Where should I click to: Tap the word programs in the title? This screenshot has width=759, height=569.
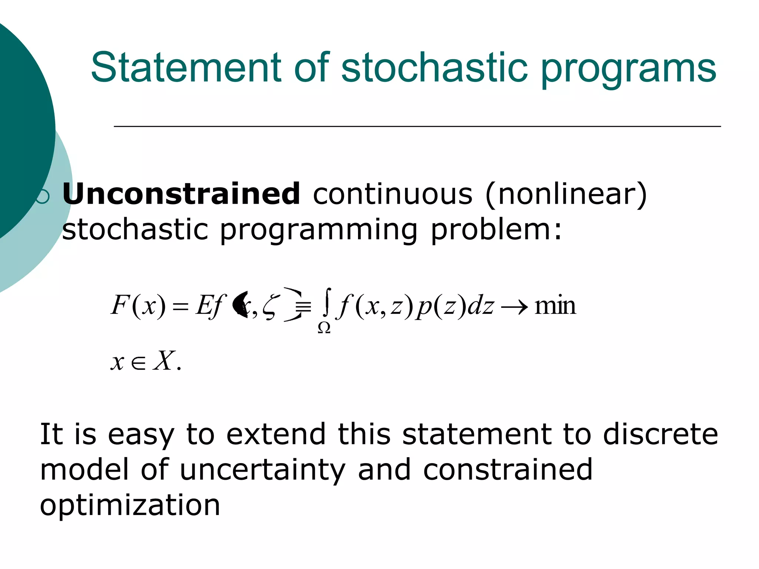[x=629, y=70]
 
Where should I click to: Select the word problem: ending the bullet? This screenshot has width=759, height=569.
[x=496, y=230]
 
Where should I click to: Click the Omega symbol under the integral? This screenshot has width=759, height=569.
[x=324, y=328]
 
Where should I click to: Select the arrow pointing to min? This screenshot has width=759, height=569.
[x=514, y=307]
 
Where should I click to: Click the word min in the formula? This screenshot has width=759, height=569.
[x=555, y=306]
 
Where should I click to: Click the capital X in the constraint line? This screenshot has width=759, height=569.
[x=163, y=361]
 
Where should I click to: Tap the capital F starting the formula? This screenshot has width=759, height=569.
[x=119, y=305]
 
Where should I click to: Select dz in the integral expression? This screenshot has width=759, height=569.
[x=480, y=306]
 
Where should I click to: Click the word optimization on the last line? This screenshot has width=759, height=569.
[x=130, y=505]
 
